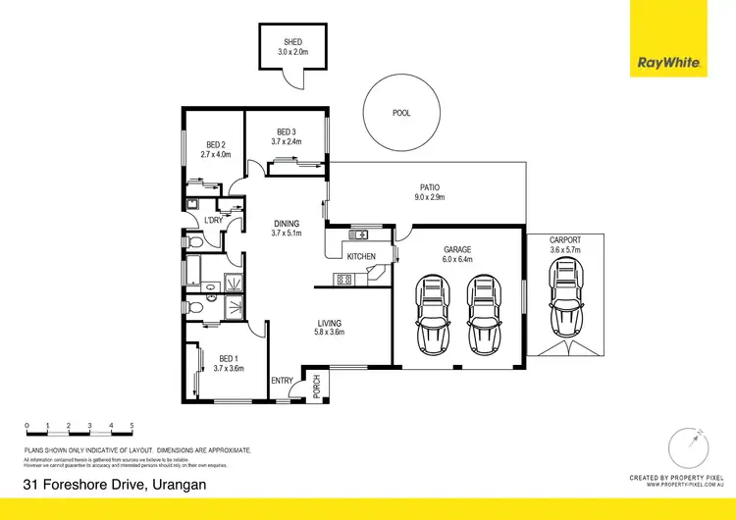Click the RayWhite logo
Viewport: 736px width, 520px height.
(669, 63)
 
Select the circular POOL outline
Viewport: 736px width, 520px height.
(400, 113)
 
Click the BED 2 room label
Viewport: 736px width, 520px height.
(215, 144)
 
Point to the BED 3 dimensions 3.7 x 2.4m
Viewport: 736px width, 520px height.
(287, 141)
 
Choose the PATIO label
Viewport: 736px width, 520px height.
(430, 186)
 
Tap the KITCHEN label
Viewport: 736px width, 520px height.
(361, 257)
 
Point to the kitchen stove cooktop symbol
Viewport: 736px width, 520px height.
(344, 280)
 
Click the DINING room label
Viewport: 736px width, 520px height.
(286, 223)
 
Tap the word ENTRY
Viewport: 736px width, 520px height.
(282, 382)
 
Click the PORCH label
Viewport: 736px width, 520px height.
(316, 386)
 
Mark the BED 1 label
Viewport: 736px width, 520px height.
(227, 358)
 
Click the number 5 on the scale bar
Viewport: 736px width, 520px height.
(132, 425)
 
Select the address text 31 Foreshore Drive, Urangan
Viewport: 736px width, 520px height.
(115, 485)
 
